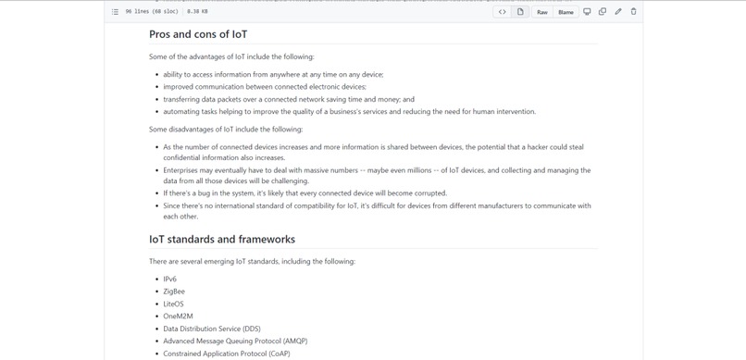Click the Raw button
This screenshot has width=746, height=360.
click(x=542, y=12)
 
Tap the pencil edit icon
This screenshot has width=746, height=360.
click(x=618, y=12)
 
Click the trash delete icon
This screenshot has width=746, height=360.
click(x=634, y=12)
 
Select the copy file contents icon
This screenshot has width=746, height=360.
click(x=603, y=12)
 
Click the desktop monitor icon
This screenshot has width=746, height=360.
click(x=587, y=12)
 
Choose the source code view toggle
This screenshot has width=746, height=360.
click(x=503, y=12)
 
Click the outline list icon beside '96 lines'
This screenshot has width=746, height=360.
click(x=115, y=12)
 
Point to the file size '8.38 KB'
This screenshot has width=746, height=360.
click(x=197, y=12)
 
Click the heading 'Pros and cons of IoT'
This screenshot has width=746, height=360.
click(x=198, y=34)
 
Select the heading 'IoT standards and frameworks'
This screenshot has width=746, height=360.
click(x=222, y=239)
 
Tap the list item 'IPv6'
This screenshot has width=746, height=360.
click(x=170, y=279)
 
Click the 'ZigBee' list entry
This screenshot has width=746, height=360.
click(x=174, y=292)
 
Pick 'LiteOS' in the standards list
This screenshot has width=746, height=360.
click(x=173, y=304)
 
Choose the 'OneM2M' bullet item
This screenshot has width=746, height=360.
click(x=178, y=317)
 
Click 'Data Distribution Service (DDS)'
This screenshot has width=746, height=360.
click(x=212, y=329)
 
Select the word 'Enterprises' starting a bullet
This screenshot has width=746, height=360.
click(x=182, y=170)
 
